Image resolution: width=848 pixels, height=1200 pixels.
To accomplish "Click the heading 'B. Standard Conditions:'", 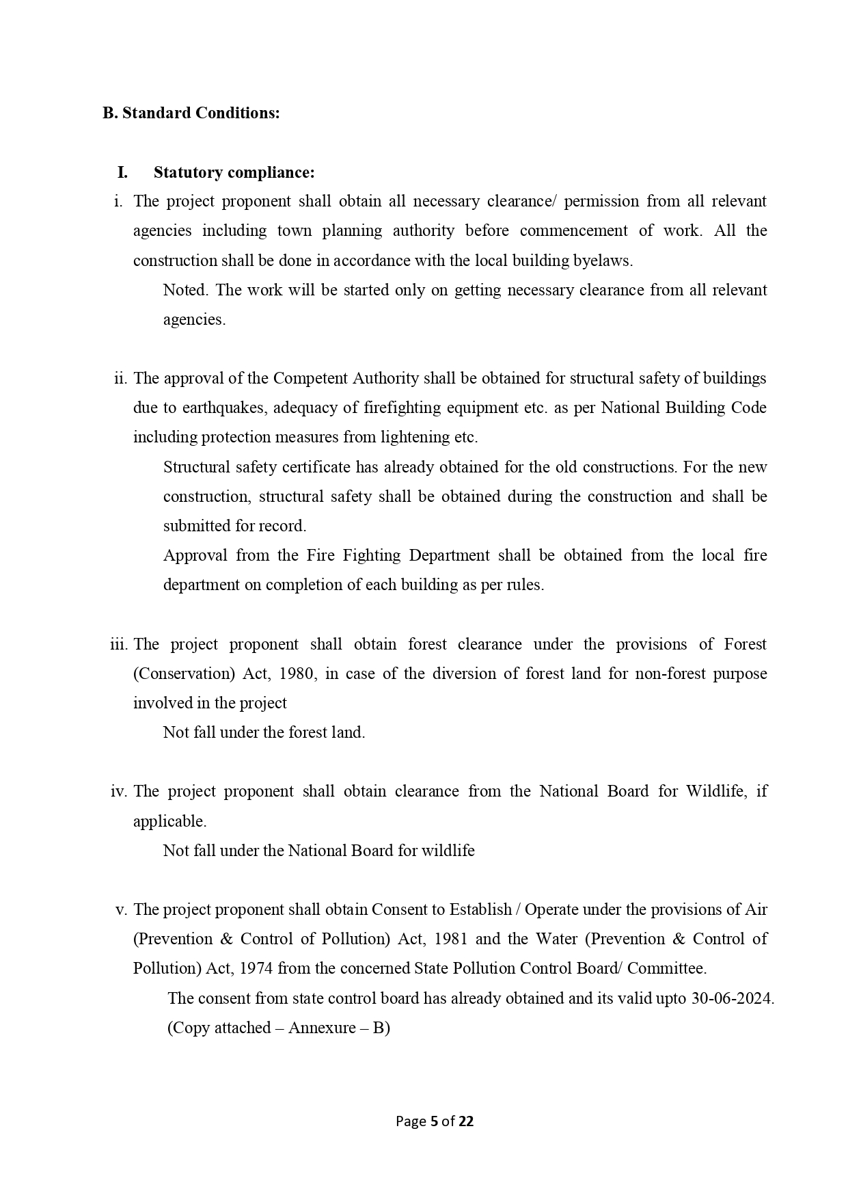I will pos(191,113).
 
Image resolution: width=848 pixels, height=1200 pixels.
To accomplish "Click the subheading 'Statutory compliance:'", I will pos(234,172).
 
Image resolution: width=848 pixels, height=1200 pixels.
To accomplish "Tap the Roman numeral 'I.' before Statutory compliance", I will pos(122,172).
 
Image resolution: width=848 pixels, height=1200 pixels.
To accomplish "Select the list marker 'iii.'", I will pos(120,644).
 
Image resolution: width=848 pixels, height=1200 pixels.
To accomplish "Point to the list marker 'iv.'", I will pos(119,791).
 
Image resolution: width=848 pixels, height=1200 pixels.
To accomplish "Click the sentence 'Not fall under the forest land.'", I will pos(264,732).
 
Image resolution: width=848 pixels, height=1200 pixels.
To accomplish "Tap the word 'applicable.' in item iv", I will pos(169,821).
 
